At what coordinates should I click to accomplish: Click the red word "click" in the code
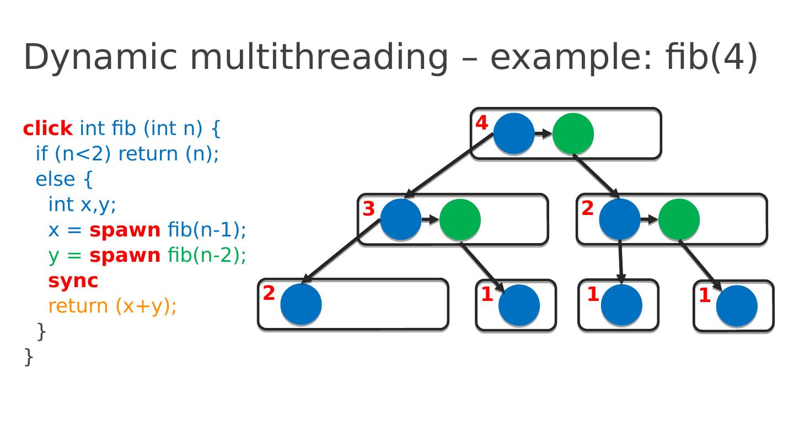[48, 128]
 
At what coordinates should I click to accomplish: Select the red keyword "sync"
[73, 281]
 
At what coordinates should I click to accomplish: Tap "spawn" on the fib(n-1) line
[125, 230]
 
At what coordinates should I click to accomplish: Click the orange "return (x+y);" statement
[112, 306]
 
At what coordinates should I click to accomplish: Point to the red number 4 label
[482, 123]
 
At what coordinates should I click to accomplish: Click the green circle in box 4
[573, 134]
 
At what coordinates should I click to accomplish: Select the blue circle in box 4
[514, 133]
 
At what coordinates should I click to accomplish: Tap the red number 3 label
[369, 209]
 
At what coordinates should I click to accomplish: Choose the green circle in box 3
[460, 219]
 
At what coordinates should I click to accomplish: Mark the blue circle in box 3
[400, 219]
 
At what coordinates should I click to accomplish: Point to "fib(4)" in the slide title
[712, 57]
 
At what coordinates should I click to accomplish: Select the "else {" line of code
[64, 179]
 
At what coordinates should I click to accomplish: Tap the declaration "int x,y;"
[82, 204]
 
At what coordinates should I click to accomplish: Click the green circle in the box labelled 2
[679, 219]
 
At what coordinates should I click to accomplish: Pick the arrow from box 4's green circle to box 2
[596, 176]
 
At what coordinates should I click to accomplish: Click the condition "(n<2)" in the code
[83, 154]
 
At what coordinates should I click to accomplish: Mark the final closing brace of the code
[29, 357]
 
